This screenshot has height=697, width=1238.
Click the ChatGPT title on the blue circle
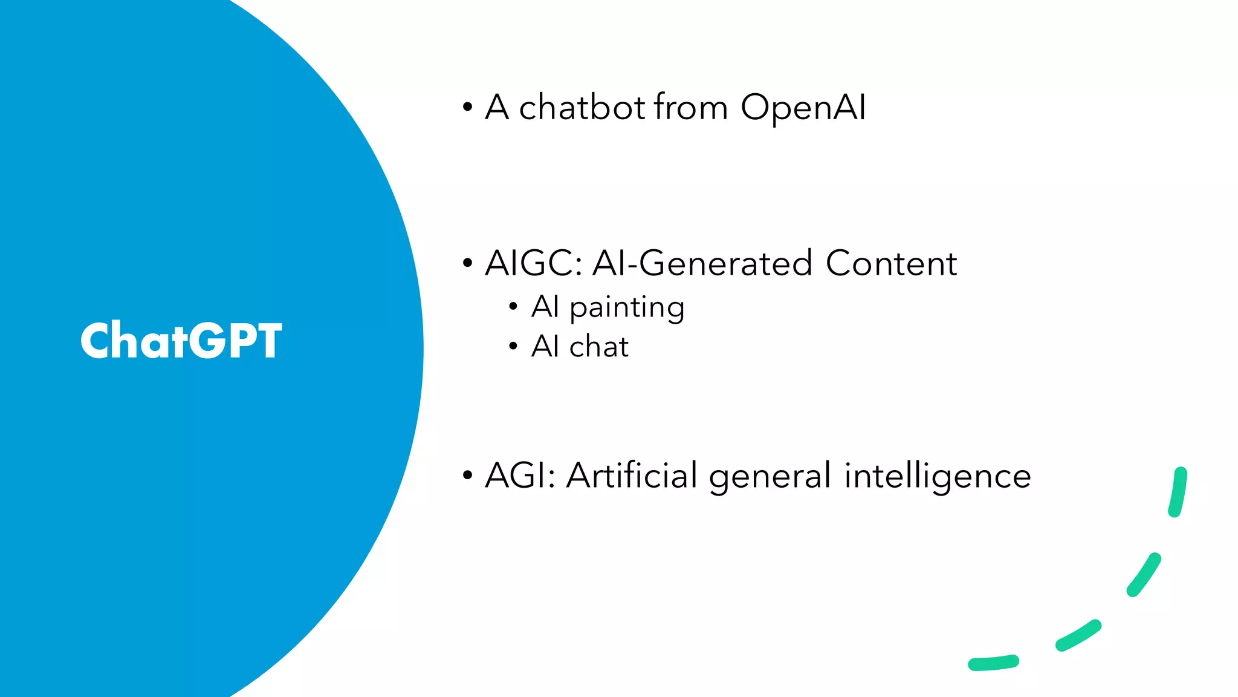click(x=181, y=341)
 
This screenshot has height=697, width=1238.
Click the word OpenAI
click(x=803, y=108)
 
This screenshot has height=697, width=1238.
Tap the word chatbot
click(x=582, y=108)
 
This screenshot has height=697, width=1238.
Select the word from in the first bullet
click(x=690, y=108)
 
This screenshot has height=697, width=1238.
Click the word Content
click(x=891, y=264)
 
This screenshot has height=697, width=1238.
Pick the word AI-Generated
click(x=702, y=264)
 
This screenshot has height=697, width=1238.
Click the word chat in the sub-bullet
click(x=598, y=347)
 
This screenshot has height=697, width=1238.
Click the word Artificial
click(x=632, y=476)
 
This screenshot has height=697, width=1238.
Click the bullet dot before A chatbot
click(x=467, y=108)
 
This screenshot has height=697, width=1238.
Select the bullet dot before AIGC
click(x=467, y=263)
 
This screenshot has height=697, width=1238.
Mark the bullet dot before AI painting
click(x=513, y=307)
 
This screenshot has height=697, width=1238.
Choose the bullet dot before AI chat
click(x=513, y=346)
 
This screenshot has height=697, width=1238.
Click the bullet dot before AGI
click(x=467, y=475)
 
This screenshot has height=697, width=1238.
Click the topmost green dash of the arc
click(x=1178, y=492)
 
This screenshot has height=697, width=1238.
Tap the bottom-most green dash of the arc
click(x=993, y=663)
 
